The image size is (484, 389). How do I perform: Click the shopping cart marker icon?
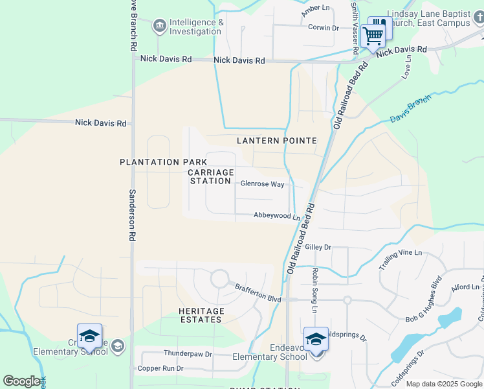tap(373, 35)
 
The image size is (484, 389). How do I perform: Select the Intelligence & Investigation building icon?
tap(159, 27)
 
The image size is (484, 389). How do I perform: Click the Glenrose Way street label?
tap(262, 184)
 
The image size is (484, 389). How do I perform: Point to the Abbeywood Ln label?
tap(276, 216)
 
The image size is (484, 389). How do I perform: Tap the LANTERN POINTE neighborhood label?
tap(276, 141)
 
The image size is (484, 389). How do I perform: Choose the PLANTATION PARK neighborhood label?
tap(163, 162)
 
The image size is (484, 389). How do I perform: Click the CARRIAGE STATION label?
tap(210, 176)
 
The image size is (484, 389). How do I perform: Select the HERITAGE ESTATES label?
tap(201, 316)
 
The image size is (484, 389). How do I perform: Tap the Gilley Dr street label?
tap(318, 247)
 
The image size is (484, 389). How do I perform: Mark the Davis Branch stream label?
tap(410, 111)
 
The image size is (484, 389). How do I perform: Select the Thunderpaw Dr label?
tap(188, 354)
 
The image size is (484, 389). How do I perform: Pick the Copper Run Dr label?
tap(160, 368)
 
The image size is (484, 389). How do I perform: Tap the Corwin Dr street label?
tap(324, 28)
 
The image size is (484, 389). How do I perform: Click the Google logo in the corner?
tap(21, 381)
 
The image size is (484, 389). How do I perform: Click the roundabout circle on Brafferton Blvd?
tap(219, 279)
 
